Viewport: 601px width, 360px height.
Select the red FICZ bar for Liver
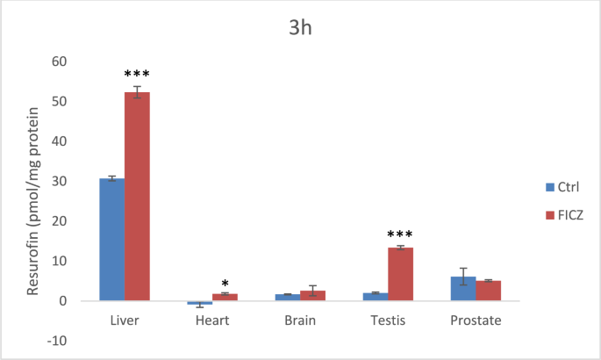click(137, 197)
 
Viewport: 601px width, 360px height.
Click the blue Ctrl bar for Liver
click(111, 240)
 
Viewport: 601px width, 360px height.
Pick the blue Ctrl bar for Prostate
click(463, 289)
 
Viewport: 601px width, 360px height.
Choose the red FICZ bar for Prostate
click(489, 291)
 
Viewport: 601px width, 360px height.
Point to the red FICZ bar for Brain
click(313, 296)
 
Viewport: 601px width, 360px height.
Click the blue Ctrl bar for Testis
click(375, 297)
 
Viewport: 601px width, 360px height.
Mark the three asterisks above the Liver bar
click(138, 75)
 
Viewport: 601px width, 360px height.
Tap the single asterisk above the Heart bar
click(225, 284)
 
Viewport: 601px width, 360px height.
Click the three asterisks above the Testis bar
click(400, 234)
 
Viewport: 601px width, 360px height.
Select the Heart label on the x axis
click(212, 320)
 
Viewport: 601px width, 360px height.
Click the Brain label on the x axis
click(300, 320)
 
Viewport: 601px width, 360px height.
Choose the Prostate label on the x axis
click(476, 320)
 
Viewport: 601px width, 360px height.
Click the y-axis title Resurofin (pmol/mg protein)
click(35, 201)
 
